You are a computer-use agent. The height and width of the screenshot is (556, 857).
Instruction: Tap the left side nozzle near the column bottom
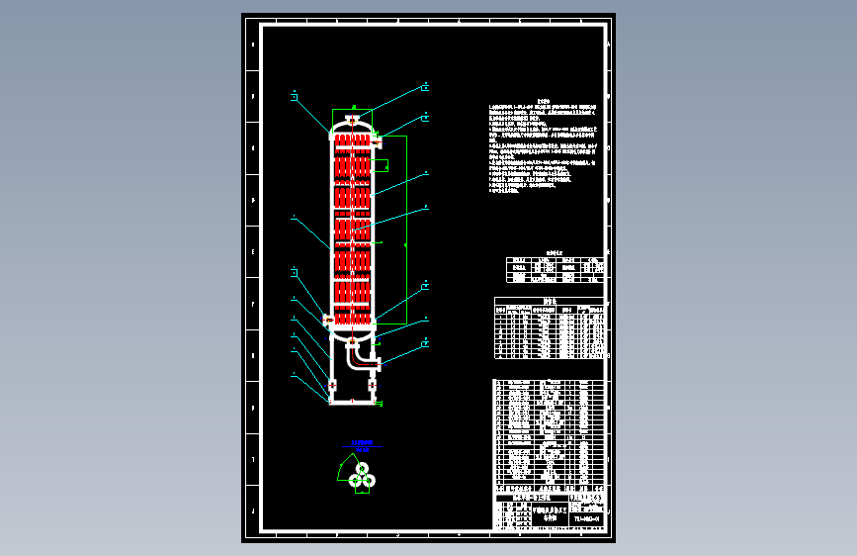click(328, 319)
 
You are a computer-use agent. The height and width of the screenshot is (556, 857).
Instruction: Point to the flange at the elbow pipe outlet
click(379, 364)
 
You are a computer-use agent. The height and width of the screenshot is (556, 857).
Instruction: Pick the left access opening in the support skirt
click(331, 384)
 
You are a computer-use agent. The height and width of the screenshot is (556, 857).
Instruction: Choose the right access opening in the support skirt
click(376, 384)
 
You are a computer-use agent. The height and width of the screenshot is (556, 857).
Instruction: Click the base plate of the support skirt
click(354, 403)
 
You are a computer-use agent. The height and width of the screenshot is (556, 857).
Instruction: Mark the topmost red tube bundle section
click(353, 144)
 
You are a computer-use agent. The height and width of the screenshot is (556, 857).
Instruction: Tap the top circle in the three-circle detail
click(361, 467)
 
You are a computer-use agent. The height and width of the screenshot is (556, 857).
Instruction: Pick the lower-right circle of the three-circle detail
click(369, 480)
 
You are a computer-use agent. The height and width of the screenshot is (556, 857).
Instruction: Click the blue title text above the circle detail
click(361, 442)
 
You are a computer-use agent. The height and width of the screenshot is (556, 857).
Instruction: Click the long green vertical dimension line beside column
click(406, 228)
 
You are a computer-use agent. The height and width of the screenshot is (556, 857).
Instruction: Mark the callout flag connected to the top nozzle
click(424, 87)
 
